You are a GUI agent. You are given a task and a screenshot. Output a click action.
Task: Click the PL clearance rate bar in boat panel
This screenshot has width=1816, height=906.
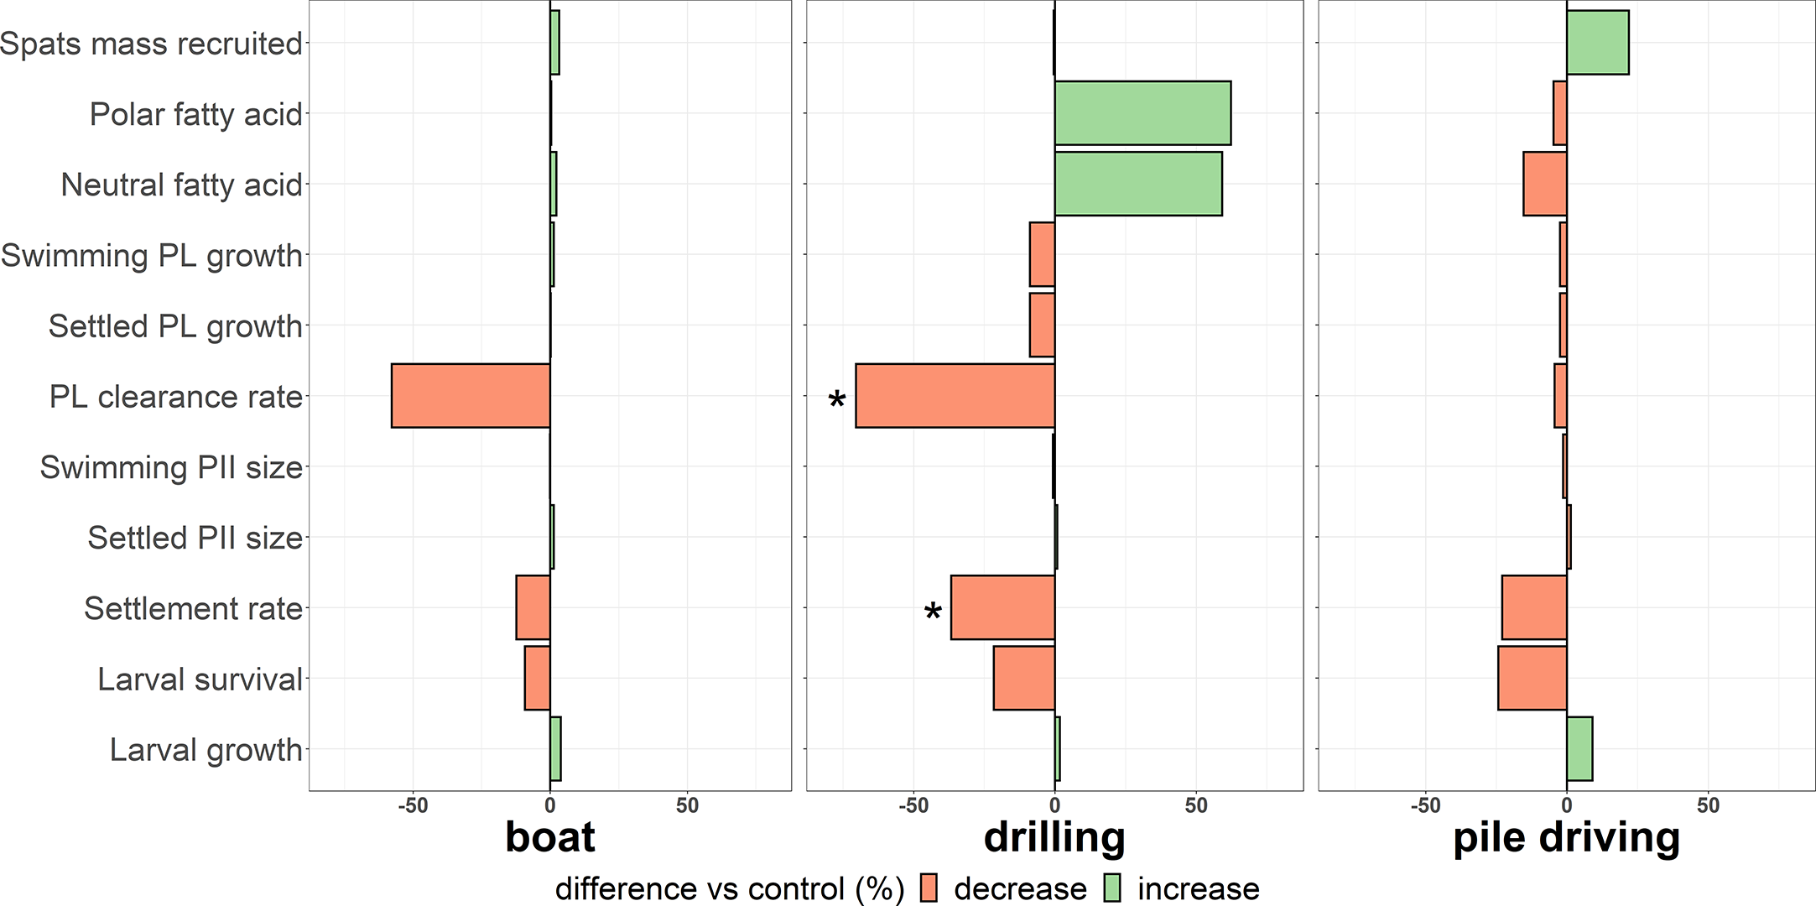coord(471,395)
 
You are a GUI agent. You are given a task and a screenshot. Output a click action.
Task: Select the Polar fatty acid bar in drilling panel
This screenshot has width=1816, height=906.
coord(1142,113)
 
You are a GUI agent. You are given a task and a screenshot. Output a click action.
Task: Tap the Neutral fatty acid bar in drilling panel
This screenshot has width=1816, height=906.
coord(1138,184)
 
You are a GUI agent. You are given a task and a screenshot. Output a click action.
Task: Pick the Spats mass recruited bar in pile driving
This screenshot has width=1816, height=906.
coord(1597,43)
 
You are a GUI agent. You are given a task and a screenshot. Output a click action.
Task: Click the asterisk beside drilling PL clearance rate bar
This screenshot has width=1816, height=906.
coord(836,401)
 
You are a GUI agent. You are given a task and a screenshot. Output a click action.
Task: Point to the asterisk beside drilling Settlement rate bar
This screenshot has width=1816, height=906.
coord(932,613)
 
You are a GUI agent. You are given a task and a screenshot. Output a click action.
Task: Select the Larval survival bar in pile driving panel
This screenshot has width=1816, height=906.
coord(1532,678)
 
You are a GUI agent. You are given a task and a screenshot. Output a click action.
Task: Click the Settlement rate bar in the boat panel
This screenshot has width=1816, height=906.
coord(533,607)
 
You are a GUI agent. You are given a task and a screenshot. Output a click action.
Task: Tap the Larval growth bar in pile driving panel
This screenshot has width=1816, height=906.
coord(1579,748)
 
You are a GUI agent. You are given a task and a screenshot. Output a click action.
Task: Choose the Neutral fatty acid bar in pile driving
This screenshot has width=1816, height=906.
coord(1545,184)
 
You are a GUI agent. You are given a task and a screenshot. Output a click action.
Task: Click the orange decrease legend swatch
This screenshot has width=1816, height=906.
coord(928,888)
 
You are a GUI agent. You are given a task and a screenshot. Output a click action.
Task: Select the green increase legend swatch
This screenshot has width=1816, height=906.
coord(1111,888)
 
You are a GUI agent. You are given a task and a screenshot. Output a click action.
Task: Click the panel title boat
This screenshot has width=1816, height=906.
coord(549,837)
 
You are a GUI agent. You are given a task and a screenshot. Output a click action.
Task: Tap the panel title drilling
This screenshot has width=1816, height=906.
coord(1054,837)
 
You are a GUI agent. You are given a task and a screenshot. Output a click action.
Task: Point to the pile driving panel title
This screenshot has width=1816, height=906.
coord(1566,837)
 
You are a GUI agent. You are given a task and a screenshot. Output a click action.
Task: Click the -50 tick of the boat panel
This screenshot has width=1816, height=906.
coord(412,806)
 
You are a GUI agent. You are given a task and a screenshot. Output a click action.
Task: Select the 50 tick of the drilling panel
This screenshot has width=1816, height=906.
coord(1196,806)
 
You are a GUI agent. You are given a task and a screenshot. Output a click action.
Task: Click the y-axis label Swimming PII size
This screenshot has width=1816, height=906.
coord(171,467)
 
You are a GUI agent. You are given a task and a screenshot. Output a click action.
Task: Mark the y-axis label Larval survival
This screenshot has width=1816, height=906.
coord(200,679)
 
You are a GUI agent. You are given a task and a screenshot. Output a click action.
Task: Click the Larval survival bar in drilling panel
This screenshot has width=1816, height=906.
coord(1023,678)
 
